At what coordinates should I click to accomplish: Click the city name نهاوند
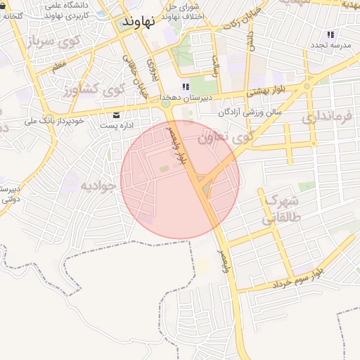(137, 22)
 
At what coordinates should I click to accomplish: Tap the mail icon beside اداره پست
(117, 115)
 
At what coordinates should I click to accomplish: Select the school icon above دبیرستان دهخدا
(186, 87)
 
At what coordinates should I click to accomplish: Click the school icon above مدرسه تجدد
(330, 34)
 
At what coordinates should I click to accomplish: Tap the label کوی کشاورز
(93, 90)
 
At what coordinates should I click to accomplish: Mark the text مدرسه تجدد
(331, 45)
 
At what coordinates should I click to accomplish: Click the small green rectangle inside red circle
(164, 169)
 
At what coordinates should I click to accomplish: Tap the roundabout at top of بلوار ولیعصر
(167, 105)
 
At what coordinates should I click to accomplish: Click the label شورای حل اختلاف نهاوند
(182, 11)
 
